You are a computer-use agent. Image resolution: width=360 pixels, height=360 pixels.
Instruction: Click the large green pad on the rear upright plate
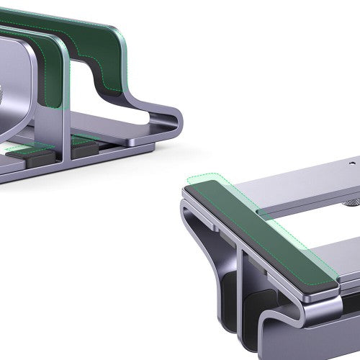click(101, 50)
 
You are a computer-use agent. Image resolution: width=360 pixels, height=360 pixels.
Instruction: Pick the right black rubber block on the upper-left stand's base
click(84, 147)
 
